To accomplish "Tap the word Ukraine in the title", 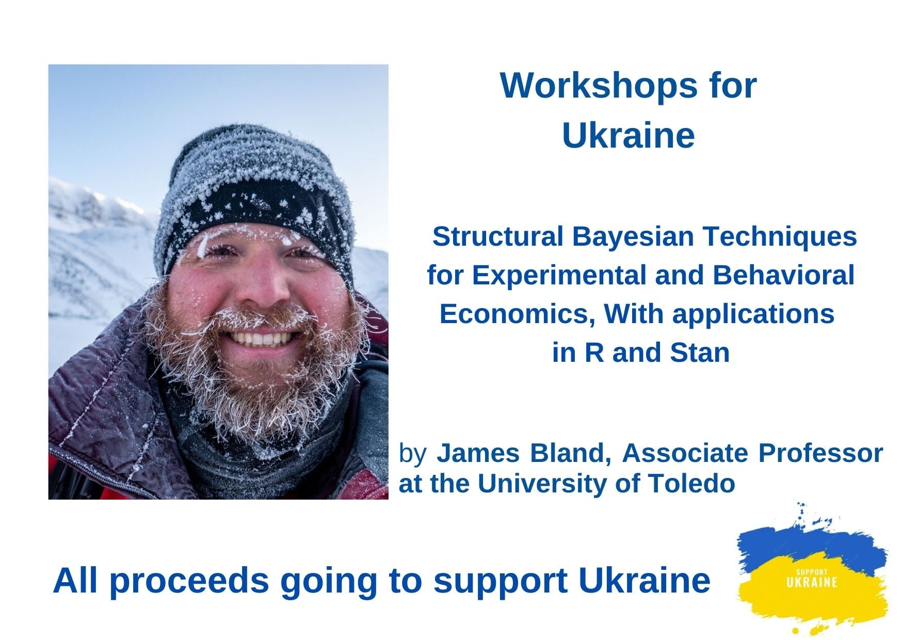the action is (628, 135).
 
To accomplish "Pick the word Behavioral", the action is (783, 275).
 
